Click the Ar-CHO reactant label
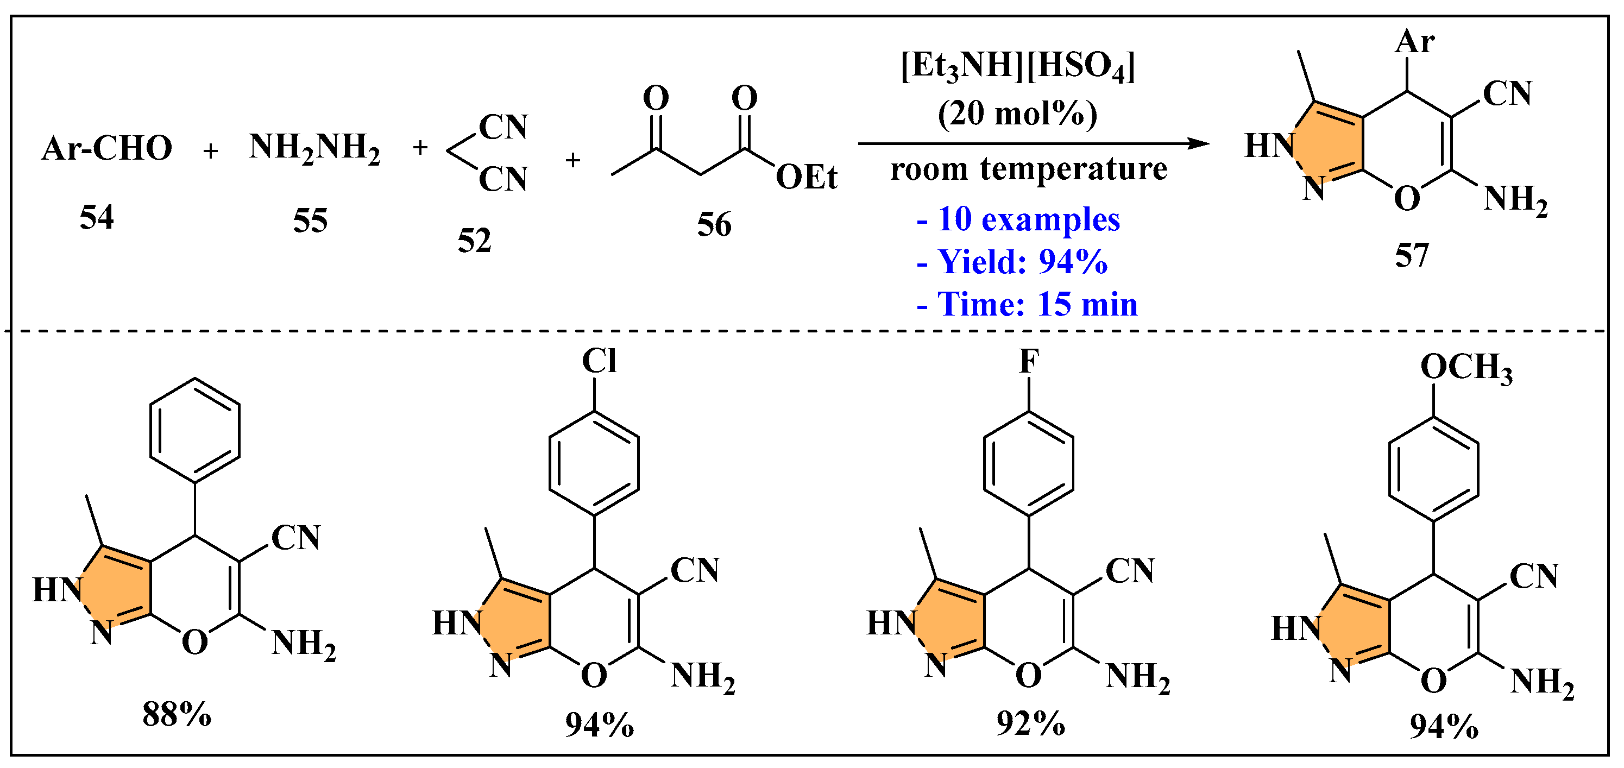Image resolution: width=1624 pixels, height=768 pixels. (x=107, y=149)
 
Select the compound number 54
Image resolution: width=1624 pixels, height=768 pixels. (x=97, y=218)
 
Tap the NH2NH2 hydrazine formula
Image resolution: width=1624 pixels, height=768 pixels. (x=314, y=149)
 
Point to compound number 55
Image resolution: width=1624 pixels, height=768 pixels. (x=310, y=221)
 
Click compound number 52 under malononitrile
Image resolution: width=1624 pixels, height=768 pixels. (x=474, y=241)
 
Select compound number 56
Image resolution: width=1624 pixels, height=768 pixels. (x=714, y=225)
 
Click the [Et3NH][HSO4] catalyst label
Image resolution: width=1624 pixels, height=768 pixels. (x=1017, y=66)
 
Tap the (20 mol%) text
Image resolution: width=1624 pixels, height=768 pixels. (x=1017, y=114)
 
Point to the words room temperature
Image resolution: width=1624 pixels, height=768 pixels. (x=1029, y=169)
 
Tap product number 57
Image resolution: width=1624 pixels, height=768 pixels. (x=1412, y=256)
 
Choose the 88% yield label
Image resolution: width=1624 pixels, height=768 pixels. (x=177, y=715)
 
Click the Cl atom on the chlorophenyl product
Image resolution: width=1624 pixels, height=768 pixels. (x=599, y=361)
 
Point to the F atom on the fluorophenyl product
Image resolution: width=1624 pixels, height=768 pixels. (x=1029, y=361)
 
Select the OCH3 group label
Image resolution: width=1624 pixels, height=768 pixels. (x=1466, y=368)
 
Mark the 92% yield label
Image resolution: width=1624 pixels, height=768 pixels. (x=1031, y=723)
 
